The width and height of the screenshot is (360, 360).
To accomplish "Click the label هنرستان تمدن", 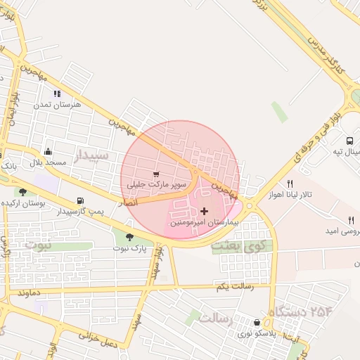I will pos(58,104).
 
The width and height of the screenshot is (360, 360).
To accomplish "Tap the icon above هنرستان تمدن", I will pos(57,93).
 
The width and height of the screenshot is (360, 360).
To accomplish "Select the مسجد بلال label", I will pos(47,162).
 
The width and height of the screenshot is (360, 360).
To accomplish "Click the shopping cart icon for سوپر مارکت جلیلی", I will pos(156,174).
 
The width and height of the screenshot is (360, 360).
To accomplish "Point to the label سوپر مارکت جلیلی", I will pos(156,184).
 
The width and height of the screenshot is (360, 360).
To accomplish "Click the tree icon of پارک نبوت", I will pos(129,237).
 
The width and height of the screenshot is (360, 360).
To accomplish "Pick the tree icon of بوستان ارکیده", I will pos(23,191).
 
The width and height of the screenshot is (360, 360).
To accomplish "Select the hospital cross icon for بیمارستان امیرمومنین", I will pos(205,211).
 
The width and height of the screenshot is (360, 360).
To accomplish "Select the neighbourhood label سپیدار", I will pos(93,154).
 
